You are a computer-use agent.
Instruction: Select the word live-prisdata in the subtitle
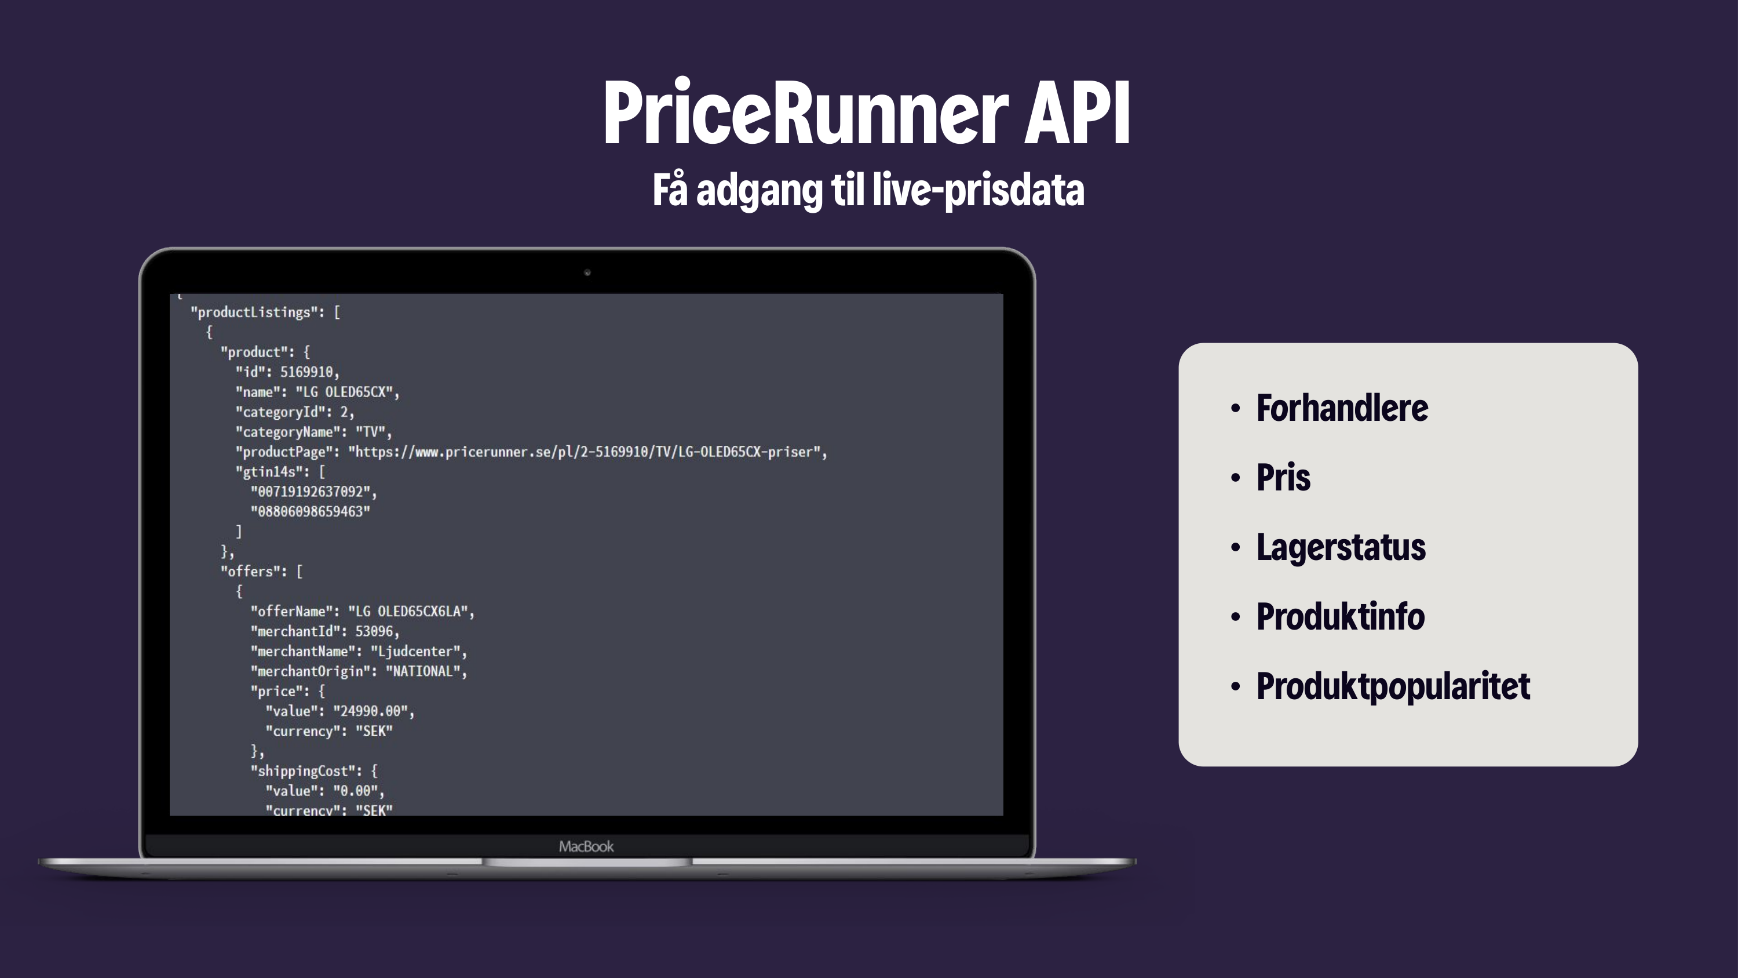[x=978, y=190]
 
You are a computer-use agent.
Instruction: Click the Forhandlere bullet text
[x=1341, y=408]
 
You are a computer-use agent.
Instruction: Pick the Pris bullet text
[x=1283, y=478]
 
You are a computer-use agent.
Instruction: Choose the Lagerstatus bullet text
[x=1341, y=547]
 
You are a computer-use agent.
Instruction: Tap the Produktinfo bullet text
[x=1340, y=617]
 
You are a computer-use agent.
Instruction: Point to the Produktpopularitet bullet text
[x=1393, y=686]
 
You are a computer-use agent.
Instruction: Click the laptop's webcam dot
[x=587, y=272]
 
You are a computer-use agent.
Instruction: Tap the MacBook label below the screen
[x=586, y=846]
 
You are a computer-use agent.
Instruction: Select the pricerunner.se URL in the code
[x=587, y=452]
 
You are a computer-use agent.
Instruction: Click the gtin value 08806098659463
[x=311, y=512]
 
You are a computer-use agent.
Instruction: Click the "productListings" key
[x=254, y=312]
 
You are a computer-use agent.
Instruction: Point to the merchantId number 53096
[x=374, y=632]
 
